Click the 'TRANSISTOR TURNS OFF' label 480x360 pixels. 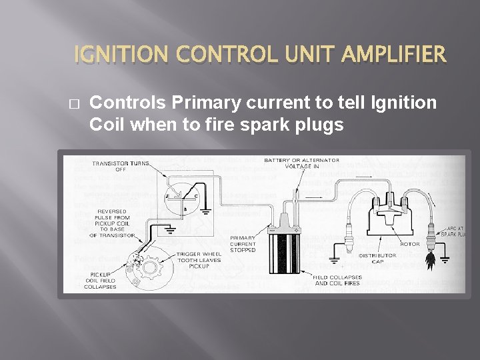pos(121,166)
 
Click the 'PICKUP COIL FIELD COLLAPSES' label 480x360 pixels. pos(100,280)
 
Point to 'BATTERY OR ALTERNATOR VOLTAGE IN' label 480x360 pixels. pos(301,163)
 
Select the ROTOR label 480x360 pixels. pos(410,244)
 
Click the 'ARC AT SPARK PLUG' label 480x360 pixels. pos(455,231)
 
